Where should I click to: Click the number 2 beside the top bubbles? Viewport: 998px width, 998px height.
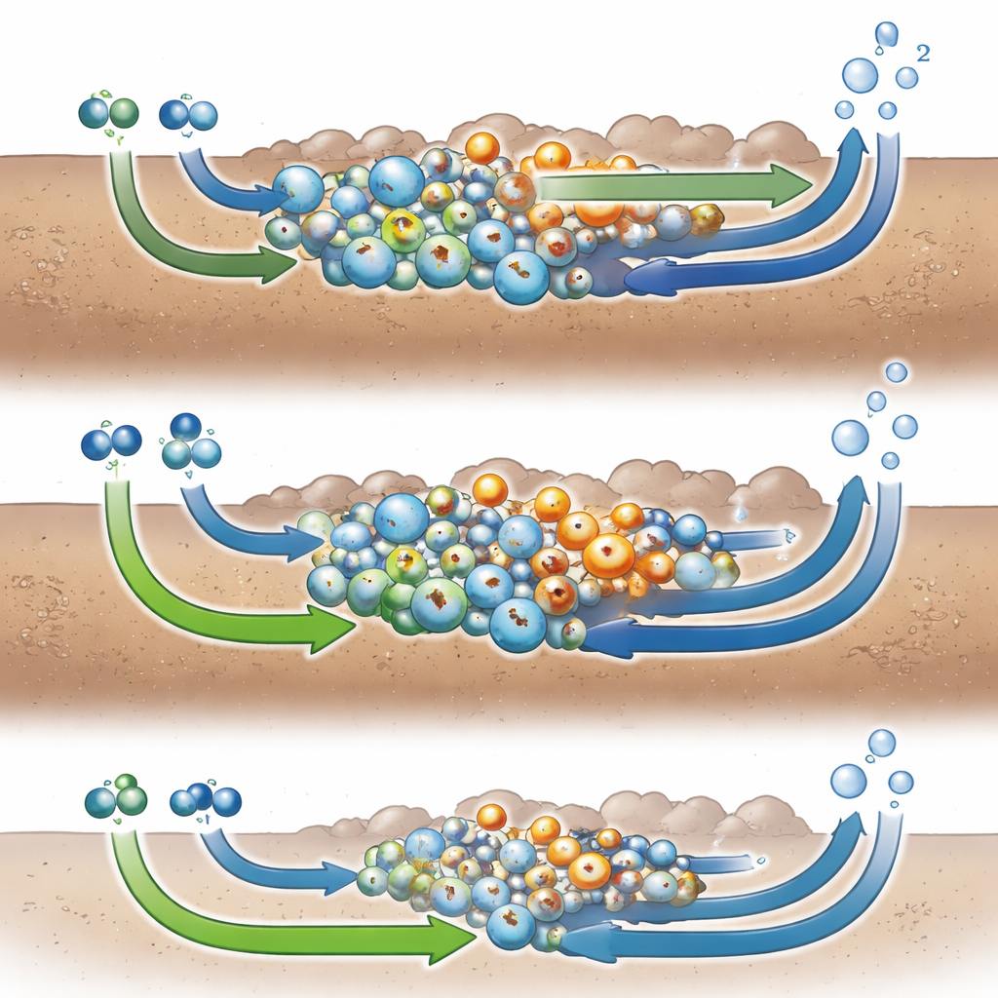[923, 53]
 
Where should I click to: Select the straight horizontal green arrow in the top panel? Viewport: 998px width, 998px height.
[675, 185]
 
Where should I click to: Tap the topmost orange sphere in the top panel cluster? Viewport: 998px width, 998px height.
[481, 148]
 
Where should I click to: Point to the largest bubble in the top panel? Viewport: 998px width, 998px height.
[860, 75]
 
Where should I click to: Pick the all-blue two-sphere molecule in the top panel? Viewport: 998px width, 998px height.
[188, 115]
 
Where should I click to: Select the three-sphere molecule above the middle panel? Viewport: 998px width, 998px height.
[191, 441]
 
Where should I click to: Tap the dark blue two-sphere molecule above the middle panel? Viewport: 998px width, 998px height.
[111, 441]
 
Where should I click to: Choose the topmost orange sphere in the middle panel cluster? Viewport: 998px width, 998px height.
[490, 490]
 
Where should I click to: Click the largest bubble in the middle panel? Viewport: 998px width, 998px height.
[850, 438]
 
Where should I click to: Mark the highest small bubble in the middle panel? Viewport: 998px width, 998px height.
[897, 372]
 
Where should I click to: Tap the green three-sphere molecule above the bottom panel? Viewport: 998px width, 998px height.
[117, 797]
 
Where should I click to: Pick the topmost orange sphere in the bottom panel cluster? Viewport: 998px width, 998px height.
[491, 818]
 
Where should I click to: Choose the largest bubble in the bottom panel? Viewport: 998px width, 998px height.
[849, 781]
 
